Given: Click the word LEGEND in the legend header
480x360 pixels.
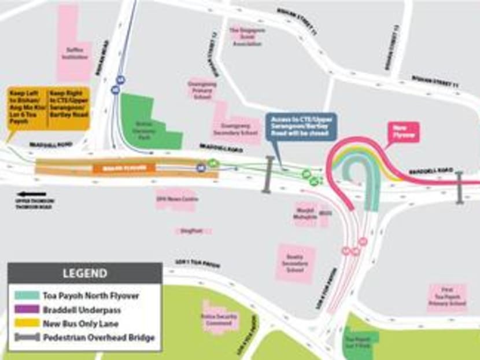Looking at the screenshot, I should pyautogui.click(x=84, y=274).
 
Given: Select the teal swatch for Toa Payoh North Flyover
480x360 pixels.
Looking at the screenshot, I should pyautogui.click(x=27, y=296).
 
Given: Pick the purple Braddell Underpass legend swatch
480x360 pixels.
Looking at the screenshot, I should pyautogui.click(x=27, y=310).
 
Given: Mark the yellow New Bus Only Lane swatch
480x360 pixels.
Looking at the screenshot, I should pyautogui.click(x=27, y=324).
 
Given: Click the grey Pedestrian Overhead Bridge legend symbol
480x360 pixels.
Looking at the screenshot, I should pyautogui.click(x=27, y=337).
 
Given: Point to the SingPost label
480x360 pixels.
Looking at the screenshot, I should pyautogui.click(x=187, y=230).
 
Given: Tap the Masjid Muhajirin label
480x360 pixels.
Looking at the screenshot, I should pyautogui.click(x=304, y=214).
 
